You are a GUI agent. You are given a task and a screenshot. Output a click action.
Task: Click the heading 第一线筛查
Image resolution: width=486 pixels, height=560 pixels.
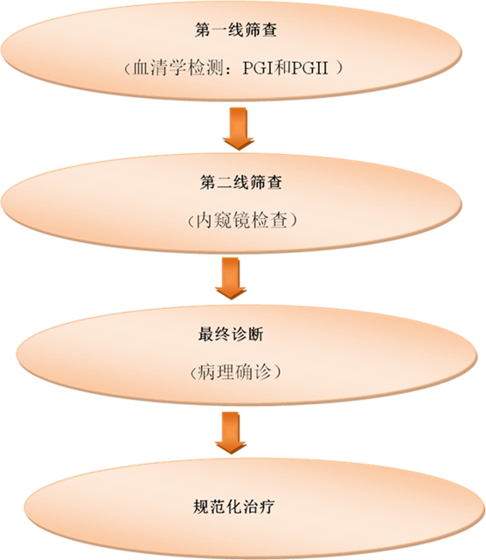(x=236, y=30)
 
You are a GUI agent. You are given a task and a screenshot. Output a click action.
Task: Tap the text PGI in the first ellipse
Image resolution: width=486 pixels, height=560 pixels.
(x=258, y=68)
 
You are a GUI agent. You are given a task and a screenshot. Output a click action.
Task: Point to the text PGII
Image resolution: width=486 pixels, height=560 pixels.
(x=309, y=68)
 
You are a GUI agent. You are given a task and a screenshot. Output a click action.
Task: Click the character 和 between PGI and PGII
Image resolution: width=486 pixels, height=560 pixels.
(x=282, y=68)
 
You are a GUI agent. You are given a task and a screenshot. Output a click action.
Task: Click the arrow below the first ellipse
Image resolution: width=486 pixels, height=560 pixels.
(x=239, y=129)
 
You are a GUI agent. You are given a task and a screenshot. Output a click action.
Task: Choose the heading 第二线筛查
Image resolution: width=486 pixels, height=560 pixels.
(x=241, y=183)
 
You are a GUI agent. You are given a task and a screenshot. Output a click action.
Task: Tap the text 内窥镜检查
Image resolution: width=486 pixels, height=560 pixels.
(x=242, y=220)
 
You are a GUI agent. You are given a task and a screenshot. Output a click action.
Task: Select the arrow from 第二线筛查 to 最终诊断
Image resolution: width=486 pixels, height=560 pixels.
(x=231, y=278)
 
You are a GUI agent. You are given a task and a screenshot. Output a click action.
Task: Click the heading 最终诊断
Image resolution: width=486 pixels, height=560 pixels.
(x=231, y=334)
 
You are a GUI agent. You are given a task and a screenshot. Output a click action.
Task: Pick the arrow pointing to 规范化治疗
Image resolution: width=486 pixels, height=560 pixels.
(x=231, y=432)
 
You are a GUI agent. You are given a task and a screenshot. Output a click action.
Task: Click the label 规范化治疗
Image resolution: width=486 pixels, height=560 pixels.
(x=234, y=506)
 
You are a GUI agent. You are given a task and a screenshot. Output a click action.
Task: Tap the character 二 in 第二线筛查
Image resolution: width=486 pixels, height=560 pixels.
(x=224, y=183)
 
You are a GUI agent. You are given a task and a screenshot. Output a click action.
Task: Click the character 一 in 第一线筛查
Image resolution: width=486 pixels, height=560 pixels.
(x=219, y=30)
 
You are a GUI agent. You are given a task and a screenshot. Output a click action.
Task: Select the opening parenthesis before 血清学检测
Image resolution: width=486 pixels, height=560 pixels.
(x=127, y=68)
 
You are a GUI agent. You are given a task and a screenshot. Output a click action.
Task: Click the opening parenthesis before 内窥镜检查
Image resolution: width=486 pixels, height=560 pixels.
(x=191, y=220)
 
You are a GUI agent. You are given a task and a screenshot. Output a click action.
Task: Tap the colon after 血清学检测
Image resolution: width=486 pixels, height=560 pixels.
(x=231, y=69)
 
